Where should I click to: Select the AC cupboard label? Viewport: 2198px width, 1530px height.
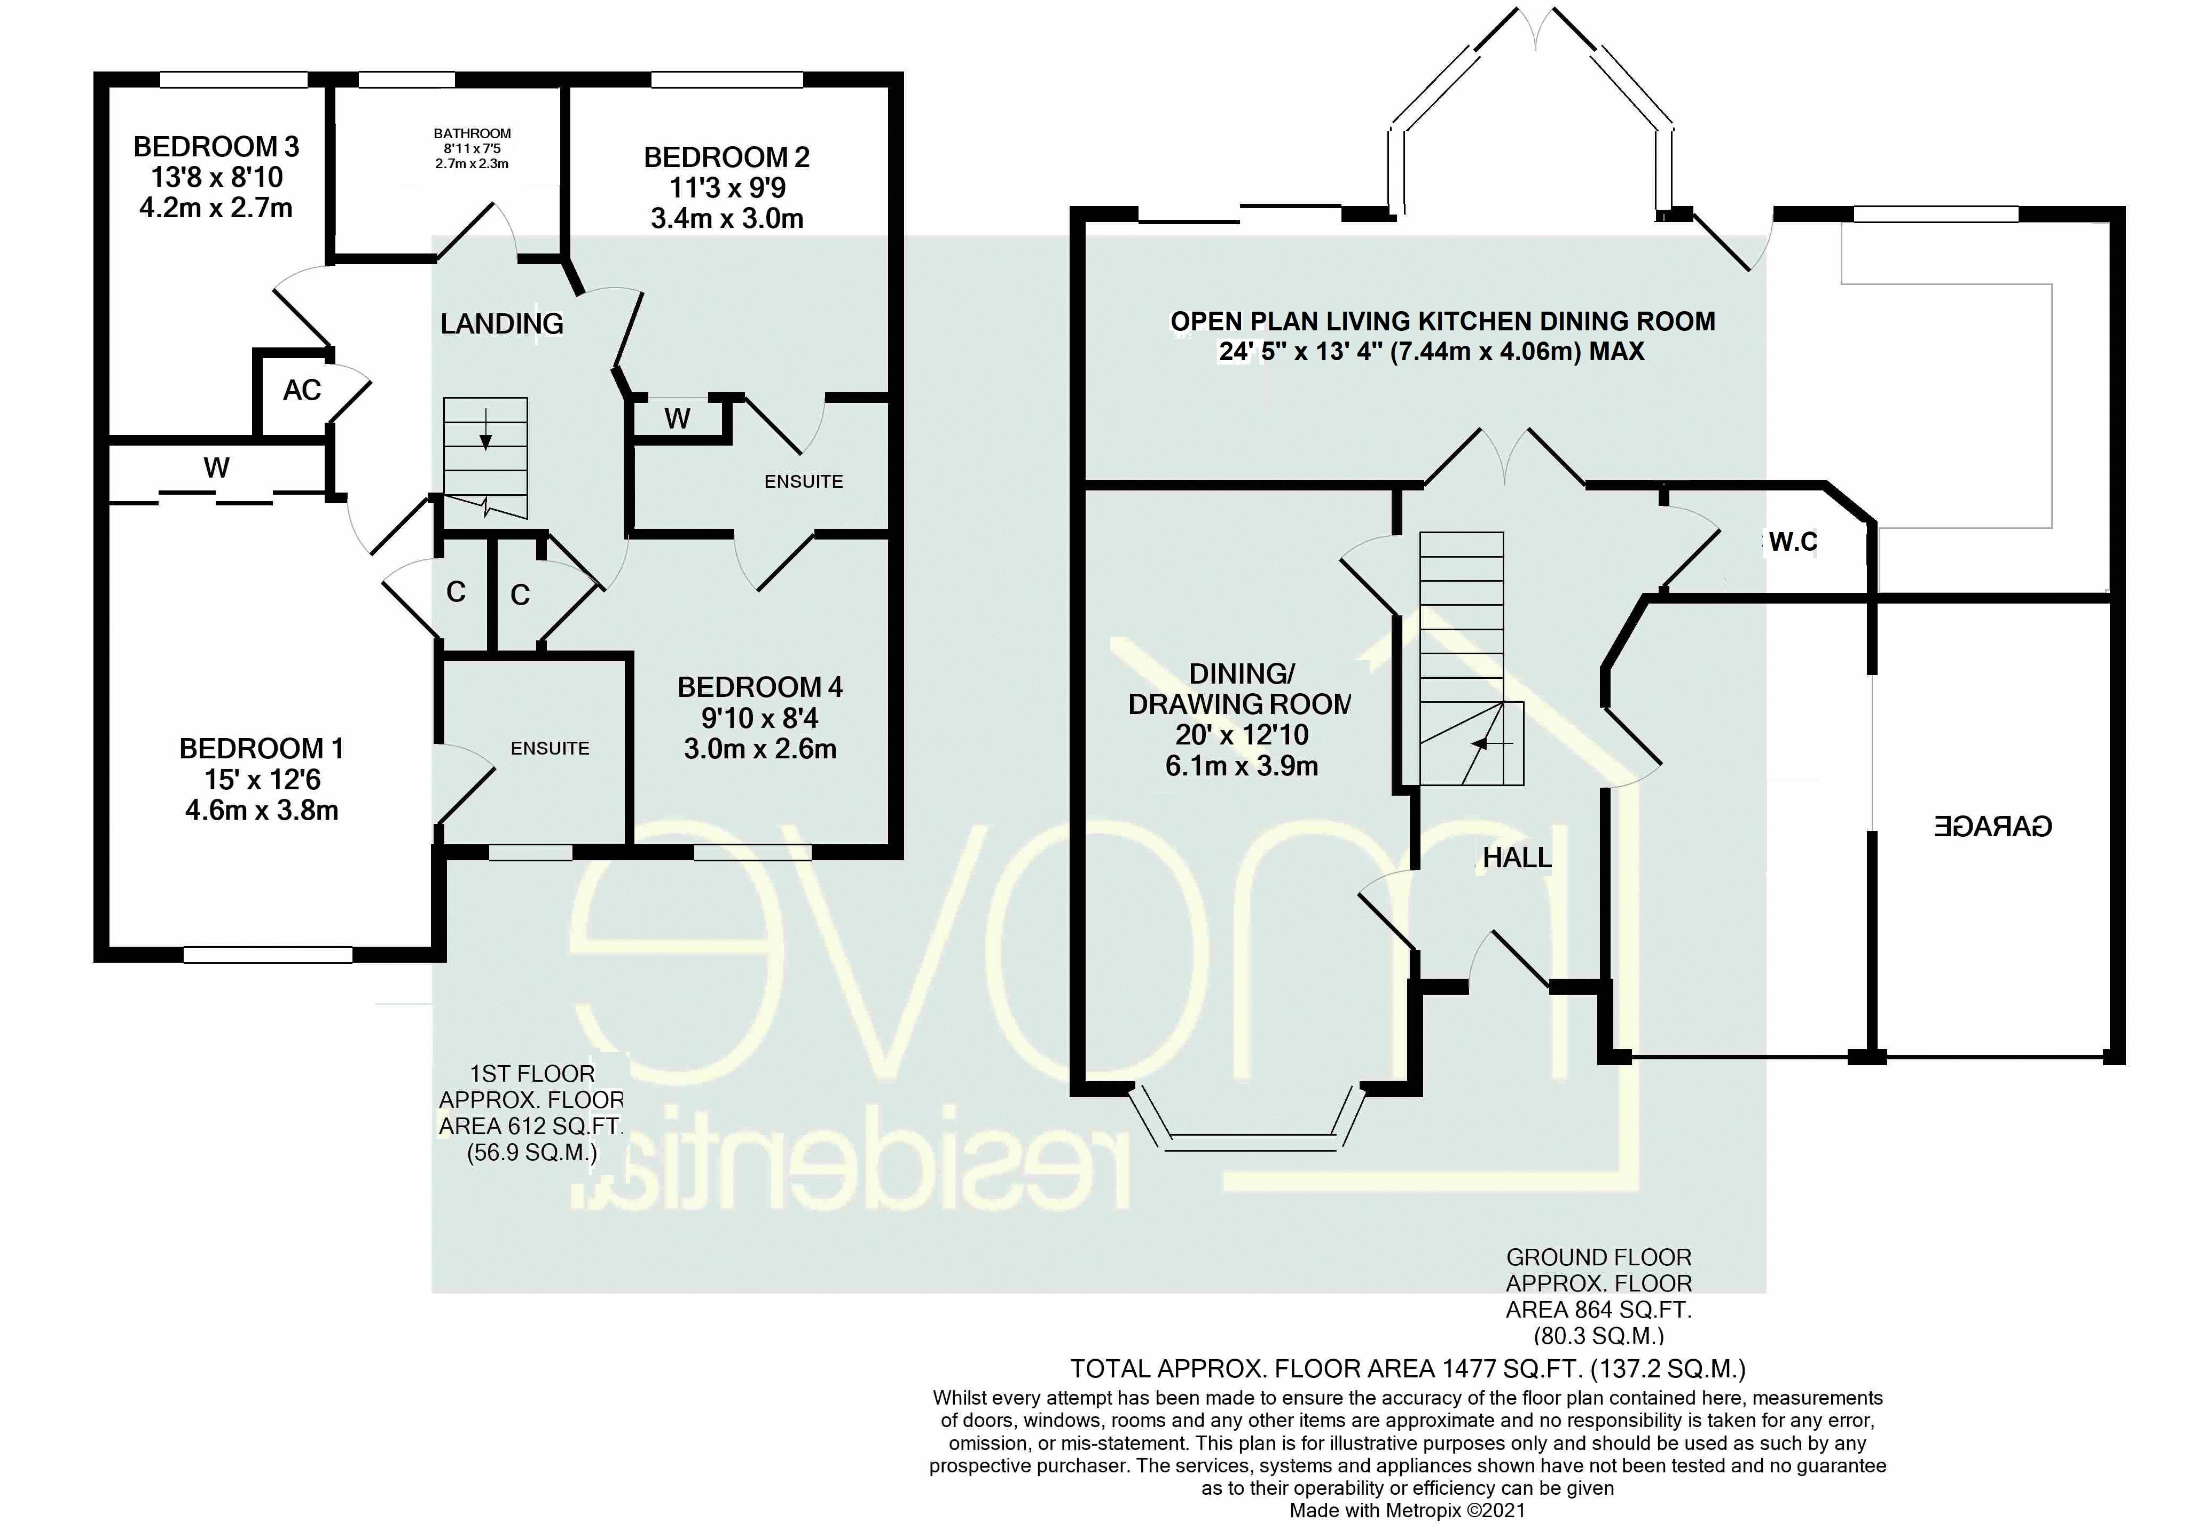coord(302,391)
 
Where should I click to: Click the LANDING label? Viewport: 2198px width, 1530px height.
coord(501,324)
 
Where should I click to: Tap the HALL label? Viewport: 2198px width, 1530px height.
coord(1517,858)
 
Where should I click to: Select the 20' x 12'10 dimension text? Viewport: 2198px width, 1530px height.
coord(1242,735)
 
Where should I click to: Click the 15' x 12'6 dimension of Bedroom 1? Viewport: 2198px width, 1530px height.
coord(261,780)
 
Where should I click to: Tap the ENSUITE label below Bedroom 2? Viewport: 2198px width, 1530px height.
coord(803,481)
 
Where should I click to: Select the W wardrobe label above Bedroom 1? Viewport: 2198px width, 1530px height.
coord(216,468)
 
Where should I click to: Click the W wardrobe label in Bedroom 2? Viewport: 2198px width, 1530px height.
coord(677,418)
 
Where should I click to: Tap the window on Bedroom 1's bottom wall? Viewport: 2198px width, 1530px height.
coord(268,954)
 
